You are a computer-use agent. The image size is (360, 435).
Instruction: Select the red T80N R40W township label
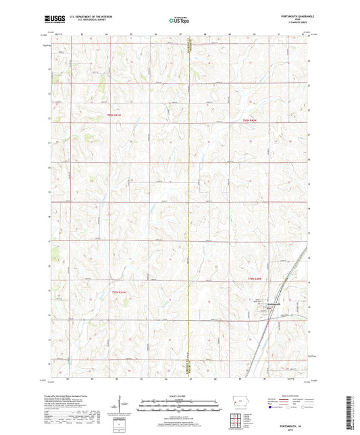point(251,120)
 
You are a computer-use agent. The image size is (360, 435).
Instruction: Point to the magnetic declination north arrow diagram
point(120,406)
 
